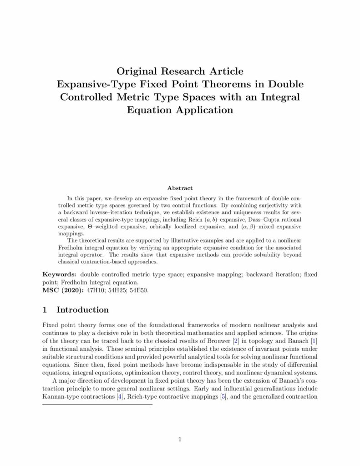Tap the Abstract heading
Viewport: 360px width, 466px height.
180,187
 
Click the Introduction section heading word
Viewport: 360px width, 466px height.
82,310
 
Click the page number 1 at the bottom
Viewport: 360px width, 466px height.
180,439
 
